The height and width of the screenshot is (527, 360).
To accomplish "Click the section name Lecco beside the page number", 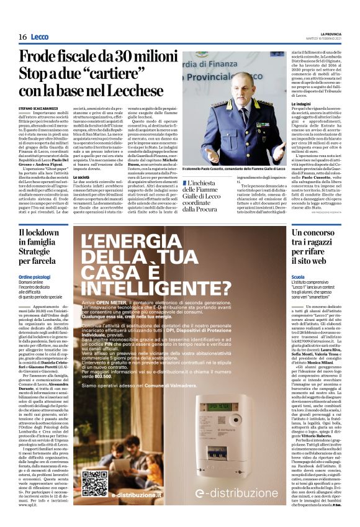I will [40, 37].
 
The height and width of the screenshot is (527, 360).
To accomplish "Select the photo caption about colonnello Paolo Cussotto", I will [232, 169].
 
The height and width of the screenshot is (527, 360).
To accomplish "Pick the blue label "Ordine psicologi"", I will [34, 276].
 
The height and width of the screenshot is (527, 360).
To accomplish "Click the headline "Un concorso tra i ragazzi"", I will [317, 238].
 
